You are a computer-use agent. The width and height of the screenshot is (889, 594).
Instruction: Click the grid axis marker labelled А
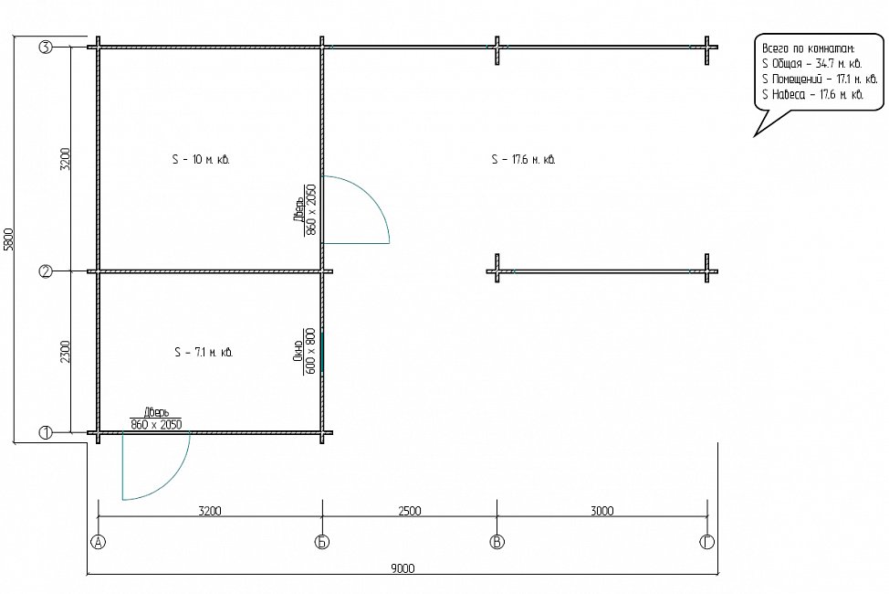pyautogui.click(x=98, y=542)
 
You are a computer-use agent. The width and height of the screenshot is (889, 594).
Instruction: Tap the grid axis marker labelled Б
pyautogui.click(x=322, y=542)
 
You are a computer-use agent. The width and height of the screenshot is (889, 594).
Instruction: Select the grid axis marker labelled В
pyautogui.click(x=497, y=542)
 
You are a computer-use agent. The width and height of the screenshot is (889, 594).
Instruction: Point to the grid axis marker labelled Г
pyautogui.click(x=707, y=542)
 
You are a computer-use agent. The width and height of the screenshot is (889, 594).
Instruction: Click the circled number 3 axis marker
pyautogui.click(x=46, y=48)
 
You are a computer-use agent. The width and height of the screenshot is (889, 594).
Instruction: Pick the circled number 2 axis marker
pyautogui.click(x=46, y=271)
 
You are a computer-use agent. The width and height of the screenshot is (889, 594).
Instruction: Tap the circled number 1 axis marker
pyautogui.click(x=46, y=433)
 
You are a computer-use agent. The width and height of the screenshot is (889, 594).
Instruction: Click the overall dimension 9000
pyautogui.click(x=403, y=568)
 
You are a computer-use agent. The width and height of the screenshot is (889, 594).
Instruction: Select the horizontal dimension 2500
pyautogui.click(x=409, y=511)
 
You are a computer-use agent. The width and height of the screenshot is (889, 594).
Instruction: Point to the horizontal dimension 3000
pyautogui.click(x=602, y=511)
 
